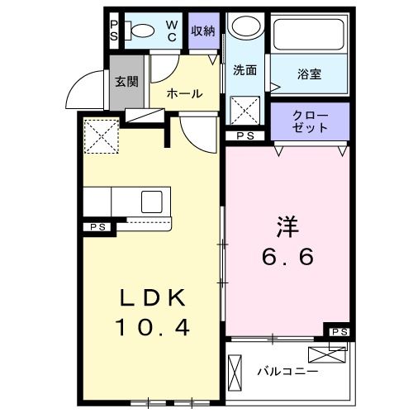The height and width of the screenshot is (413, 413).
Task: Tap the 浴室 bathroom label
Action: click(x=310, y=74)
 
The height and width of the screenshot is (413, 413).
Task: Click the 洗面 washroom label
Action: click(x=244, y=70)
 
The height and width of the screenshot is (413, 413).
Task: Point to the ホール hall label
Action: click(x=183, y=93)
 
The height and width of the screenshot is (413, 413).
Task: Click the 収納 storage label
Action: click(x=203, y=31)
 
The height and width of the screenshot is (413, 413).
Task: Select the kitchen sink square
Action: click(x=153, y=202)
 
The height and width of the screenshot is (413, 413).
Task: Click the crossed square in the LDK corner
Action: click(x=100, y=135)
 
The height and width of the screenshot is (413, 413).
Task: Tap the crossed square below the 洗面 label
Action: click(x=244, y=110)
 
